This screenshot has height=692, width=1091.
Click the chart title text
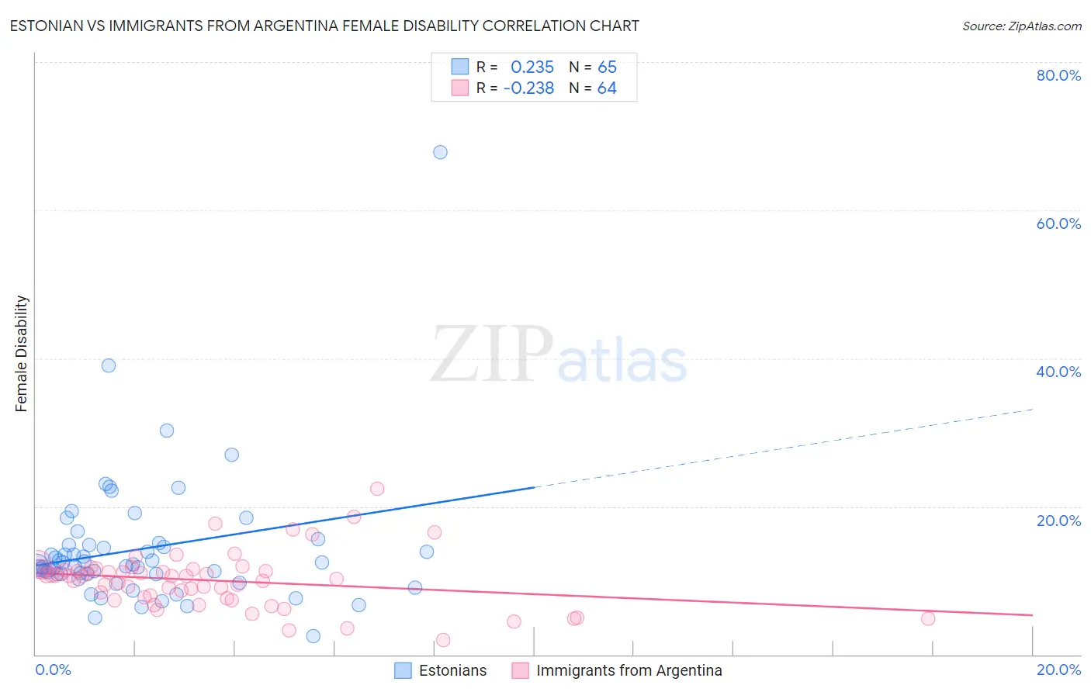click(324, 26)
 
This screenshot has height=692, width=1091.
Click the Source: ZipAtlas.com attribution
click(1021, 26)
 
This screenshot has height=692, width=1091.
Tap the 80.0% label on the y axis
click(1058, 75)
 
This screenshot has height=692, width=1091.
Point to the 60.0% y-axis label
click(1058, 223)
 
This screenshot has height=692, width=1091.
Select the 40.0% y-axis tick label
click(1058, 372)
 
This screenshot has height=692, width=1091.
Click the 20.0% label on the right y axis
click(1058, 521)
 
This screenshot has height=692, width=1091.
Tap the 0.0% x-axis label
click(53, 670)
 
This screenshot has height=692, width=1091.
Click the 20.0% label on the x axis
click(1058, 670)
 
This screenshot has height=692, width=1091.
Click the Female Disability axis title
click(22, 354)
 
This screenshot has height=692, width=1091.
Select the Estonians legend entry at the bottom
click(452, 670)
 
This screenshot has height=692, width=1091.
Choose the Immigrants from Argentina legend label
click(629, 670)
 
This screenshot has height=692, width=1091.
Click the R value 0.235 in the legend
click(532, 67)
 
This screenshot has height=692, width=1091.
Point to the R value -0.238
click(528, 88)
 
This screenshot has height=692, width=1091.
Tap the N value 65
click(607, 67)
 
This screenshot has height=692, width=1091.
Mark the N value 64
click(607, 88)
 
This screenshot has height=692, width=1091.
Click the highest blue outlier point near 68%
click(440, 152)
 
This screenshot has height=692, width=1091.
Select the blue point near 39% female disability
click(109, 365)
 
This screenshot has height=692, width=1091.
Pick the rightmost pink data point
click(928, 618)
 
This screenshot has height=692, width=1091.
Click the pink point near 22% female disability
click(377, 489)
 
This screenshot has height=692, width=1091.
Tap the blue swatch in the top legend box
click(460, 67)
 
